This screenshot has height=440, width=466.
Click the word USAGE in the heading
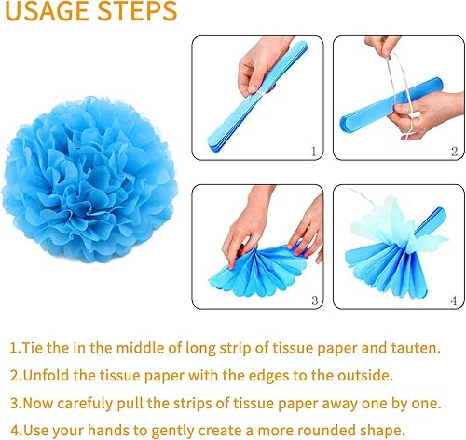click(x=48, y=11)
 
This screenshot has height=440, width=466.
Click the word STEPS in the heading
click(x=137, y=11)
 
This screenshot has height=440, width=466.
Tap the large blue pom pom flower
click(x=89, y=180)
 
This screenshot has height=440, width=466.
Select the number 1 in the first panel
click(x=313, y=152)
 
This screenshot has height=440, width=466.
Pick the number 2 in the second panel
click(x=455, y=152)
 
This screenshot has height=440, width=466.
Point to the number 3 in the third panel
click(x=315, y=300)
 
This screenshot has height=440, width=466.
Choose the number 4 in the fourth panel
click(x=454, y=300)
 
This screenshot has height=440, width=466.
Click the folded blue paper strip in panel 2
click(x=391, y=102)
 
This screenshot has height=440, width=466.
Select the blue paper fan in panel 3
click(x=258, y=271)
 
